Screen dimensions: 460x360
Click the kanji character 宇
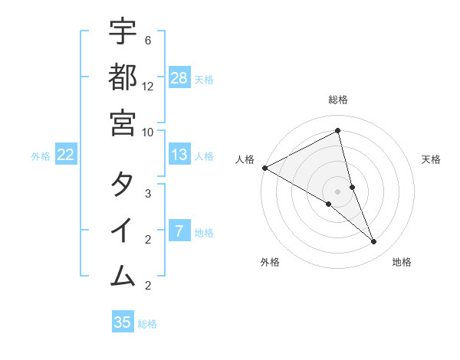pos(123,32)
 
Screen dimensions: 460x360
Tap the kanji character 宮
pos(123,123)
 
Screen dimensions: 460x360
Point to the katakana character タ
pos(123,185)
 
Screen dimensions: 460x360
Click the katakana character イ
pos(123,230)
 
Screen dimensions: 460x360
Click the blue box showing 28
pos(179,78)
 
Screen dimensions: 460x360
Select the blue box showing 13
pos(179,155)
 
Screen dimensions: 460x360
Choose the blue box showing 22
pos(66,155)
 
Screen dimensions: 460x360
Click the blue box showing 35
pos(123,322)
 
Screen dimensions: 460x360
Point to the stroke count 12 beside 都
pos(148,87)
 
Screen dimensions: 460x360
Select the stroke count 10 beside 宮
pos(148,132)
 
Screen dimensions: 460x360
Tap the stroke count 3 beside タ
pos(147,194)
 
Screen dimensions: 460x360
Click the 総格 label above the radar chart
pos(338,100)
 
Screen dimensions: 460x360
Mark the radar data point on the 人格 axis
pos(264,168)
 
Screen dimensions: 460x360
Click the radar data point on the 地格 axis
pos(373,241)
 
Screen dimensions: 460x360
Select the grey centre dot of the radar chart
pos(338,191)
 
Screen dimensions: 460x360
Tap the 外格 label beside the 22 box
pos(41,156)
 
